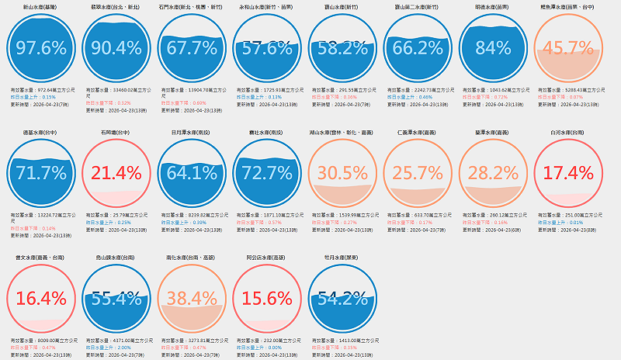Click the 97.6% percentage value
41,48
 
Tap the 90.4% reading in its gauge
117,48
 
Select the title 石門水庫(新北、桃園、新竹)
192,6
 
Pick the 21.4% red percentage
117,173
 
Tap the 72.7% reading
268,173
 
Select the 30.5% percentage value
344,173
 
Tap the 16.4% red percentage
41,299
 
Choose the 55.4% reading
117,299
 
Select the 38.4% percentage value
192,299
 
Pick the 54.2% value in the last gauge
344,299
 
